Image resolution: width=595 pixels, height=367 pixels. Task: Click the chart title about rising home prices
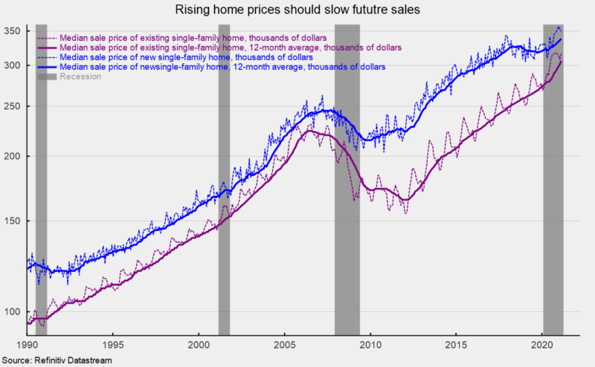click(x=297, y=10)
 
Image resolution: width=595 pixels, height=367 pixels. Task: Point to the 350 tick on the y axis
click(x=13, y=31)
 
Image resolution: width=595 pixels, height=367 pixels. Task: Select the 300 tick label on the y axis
click(x=13, y=65)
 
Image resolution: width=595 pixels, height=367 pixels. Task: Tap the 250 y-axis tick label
click(x=13, y=106)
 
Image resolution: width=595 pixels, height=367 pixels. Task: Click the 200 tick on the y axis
click(x=13, y=156)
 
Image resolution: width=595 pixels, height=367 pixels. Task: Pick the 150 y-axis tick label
click(x=13, y=221)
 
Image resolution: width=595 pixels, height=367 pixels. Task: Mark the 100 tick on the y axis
click(x=13, y=311)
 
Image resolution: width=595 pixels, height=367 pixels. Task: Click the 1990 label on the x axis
click(x=27, y=345)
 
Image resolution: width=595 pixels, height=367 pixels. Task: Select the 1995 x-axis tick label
click(x=113, y=345)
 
